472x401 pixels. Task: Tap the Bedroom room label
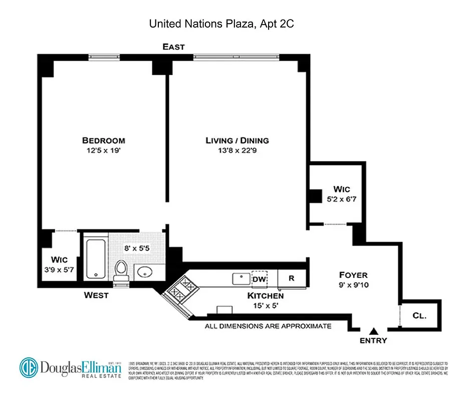click(x=104, y=141)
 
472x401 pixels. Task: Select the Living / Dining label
click(x=237, y=141)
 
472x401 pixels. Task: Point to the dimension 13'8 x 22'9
click(x=237, y=150)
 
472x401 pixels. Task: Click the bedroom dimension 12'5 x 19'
click(x=104, y=150)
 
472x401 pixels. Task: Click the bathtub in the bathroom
click(x=95, y=259)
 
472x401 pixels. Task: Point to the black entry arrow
click(x=374, y=331)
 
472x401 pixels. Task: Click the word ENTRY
click(x=374, y=341)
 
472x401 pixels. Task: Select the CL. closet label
click(x=419, y=316)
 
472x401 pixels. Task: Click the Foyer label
click(x=353, y=275)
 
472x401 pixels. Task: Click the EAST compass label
click(x=173, y=47)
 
